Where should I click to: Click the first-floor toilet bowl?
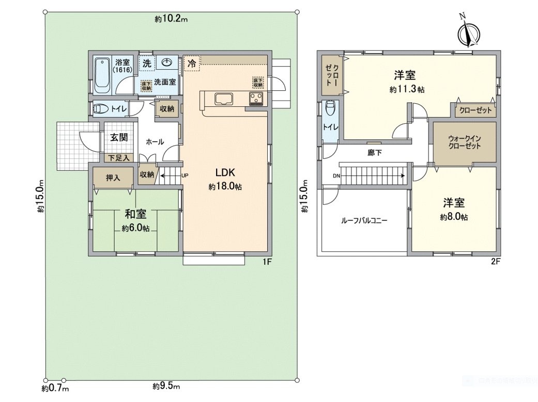coord(100,109)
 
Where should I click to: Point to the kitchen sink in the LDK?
coord(224,99)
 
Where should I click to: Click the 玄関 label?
coord(118,137)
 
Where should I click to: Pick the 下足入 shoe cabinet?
coord(119,157)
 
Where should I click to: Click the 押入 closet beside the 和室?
coord(113,178)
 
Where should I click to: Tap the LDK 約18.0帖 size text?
coord(225,187)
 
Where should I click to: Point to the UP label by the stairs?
coord(185,175)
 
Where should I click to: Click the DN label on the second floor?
coord(336,176)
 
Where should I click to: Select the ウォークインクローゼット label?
coord(464,142)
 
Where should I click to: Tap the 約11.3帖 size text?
coord(407,89)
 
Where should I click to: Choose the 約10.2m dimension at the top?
coord(171,19)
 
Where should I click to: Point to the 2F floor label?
coord(495,262)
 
